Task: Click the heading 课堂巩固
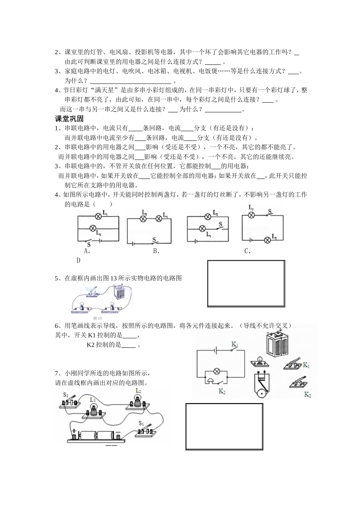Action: pos(69,119)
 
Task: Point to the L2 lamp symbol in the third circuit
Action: pos(208,217)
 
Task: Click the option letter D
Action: pos(78,260)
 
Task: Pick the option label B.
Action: pos(156,251)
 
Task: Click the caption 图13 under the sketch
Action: pos(97,318)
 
